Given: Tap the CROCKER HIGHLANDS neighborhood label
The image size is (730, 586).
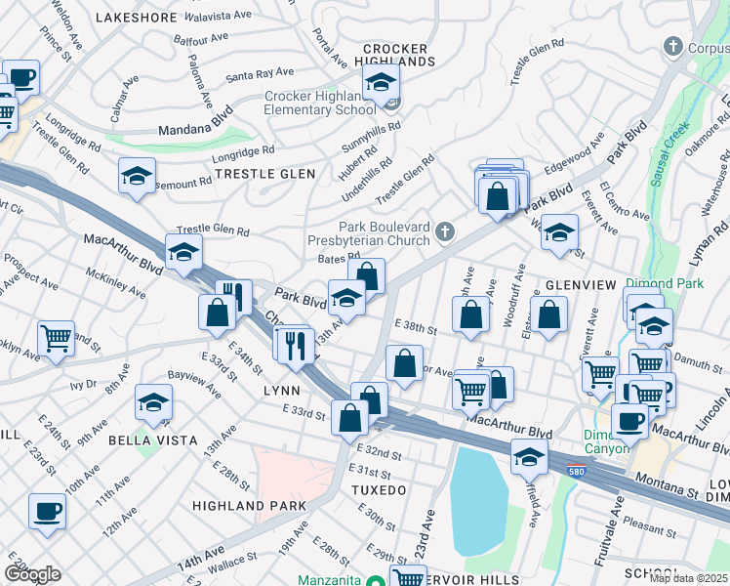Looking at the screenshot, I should coord(396,55).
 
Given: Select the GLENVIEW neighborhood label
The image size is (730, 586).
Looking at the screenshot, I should coord(581,284).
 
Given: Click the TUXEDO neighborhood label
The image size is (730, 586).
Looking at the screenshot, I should coord(378,488).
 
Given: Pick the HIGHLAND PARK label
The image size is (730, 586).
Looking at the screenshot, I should coord(249,506).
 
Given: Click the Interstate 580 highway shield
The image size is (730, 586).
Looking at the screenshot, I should coord(580,469).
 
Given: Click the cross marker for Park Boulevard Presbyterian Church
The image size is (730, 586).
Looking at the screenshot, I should coord(445,231).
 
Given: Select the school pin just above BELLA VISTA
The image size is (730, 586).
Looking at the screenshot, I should coord(153,402).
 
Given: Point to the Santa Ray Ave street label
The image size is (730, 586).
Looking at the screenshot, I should coord(260,73).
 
